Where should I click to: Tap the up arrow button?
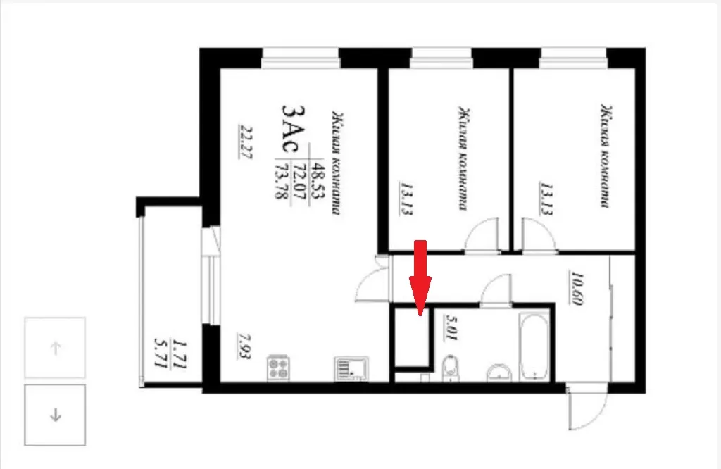tap(55, 348)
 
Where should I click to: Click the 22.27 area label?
tap(245, 142)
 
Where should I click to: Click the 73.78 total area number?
tap(281, 181)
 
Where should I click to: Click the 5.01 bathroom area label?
tap(451, 327)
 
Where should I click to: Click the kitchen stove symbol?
tap(277, 368)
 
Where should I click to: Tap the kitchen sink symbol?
tap(351, 368)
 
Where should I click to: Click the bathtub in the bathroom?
tap(534, 346)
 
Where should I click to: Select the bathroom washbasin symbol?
tap(499, 373)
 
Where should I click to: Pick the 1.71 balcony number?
tap(180, 354)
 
